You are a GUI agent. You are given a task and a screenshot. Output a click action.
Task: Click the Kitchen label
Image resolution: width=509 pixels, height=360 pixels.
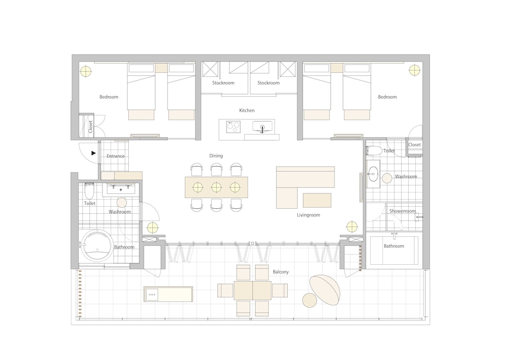click(247, 110)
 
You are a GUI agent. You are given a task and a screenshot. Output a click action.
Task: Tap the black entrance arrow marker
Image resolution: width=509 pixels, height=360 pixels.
click(94, 153)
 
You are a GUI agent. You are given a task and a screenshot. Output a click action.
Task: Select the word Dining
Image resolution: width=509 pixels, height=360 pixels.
click(216, 156)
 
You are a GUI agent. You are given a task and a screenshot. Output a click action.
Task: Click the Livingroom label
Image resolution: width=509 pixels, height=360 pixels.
click(308, 215)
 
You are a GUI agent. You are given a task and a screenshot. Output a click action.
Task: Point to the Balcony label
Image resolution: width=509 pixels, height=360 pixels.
click(280, 272)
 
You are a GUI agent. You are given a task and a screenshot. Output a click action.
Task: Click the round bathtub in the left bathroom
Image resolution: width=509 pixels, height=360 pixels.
click(97, 245)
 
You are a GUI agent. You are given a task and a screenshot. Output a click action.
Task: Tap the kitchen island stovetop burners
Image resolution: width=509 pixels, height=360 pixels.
click(234, 127)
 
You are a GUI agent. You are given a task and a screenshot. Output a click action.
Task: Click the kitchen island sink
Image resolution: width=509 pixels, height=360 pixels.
click(263, 127)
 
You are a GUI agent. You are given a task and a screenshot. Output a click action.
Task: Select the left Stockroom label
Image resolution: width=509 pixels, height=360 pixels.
click(223, 83)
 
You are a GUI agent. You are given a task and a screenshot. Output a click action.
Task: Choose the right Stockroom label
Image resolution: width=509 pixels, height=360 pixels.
click(268, 83)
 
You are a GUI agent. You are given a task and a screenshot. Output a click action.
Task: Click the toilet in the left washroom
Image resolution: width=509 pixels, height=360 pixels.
click(89, 191)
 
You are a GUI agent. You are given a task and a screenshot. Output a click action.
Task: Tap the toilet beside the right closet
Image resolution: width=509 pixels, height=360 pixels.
click(374, 151)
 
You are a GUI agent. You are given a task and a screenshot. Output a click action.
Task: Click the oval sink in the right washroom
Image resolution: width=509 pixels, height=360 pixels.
click(373, 174)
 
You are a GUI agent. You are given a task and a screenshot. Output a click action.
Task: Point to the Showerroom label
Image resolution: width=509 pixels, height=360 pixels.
click(403, 211)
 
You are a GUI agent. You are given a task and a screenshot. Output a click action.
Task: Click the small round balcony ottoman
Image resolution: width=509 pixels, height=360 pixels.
click(309, 300)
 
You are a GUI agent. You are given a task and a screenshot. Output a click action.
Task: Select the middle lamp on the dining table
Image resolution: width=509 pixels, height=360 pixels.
click(216, 187)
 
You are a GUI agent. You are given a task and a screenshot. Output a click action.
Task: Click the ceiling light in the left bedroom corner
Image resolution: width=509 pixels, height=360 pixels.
click(86, 71)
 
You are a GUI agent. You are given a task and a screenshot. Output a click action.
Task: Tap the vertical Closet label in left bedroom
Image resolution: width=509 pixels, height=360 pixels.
click(91, 127)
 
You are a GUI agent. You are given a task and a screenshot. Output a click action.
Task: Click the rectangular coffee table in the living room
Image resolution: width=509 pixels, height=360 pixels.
click(317, 200)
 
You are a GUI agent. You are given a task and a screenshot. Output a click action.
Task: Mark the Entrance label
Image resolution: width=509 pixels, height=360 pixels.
click(116, 156)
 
